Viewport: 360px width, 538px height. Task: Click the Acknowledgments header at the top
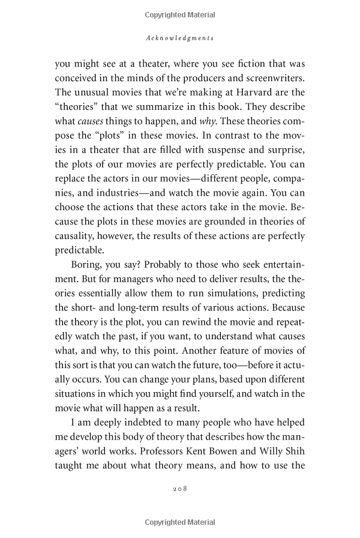click(180, 38)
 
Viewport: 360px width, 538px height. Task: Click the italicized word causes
click(95, 107)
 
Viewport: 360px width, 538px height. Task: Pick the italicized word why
click(208, 107)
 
